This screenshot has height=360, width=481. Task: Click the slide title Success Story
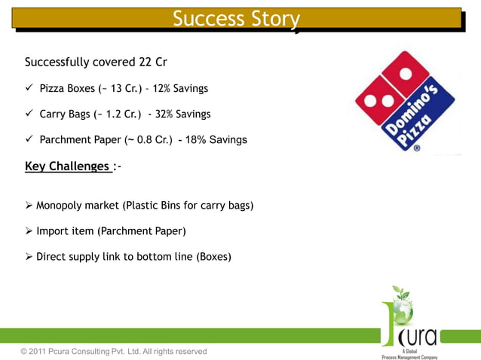[x=236, y=18]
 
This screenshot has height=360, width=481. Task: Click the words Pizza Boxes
[x=67, y=89]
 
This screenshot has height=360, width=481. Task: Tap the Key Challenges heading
[x=67, y=166]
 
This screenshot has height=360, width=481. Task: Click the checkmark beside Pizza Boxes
[x=29, y=89]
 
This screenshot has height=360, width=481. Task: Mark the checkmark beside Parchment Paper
[x=29, y=140]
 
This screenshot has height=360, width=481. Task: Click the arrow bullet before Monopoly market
[x=29, y=206]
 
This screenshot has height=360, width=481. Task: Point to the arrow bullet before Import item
[x=29, y=231]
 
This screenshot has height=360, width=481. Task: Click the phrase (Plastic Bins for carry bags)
[x=188, y=206]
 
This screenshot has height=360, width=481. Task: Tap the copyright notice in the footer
[x=114, y=352]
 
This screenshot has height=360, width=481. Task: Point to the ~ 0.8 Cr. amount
[x=146, y=140]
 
